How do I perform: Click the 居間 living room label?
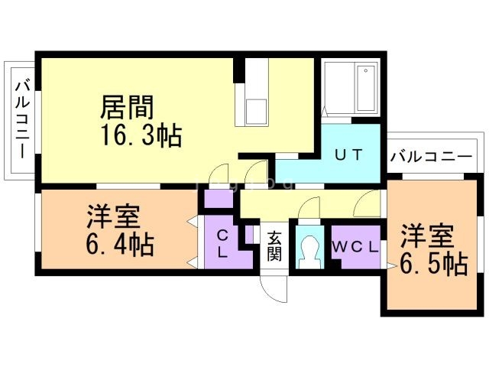[127, 107]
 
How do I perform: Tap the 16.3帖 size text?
[141, 136]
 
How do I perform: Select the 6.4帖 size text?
[120, 245]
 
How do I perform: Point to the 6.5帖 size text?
[434, 264]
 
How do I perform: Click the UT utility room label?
[348, 154]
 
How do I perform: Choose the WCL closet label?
[355, 248]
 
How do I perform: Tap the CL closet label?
[222, 244]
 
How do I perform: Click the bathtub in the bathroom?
[366, 88]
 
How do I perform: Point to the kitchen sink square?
[256, 112]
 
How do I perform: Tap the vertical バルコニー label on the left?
[22, 119]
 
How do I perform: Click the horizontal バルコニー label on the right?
[431, 156]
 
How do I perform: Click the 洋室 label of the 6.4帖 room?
[113, 216]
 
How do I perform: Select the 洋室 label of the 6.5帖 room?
[427, 236]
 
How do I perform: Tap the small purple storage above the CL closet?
[219, 199]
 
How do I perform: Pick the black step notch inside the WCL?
[336, 264]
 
